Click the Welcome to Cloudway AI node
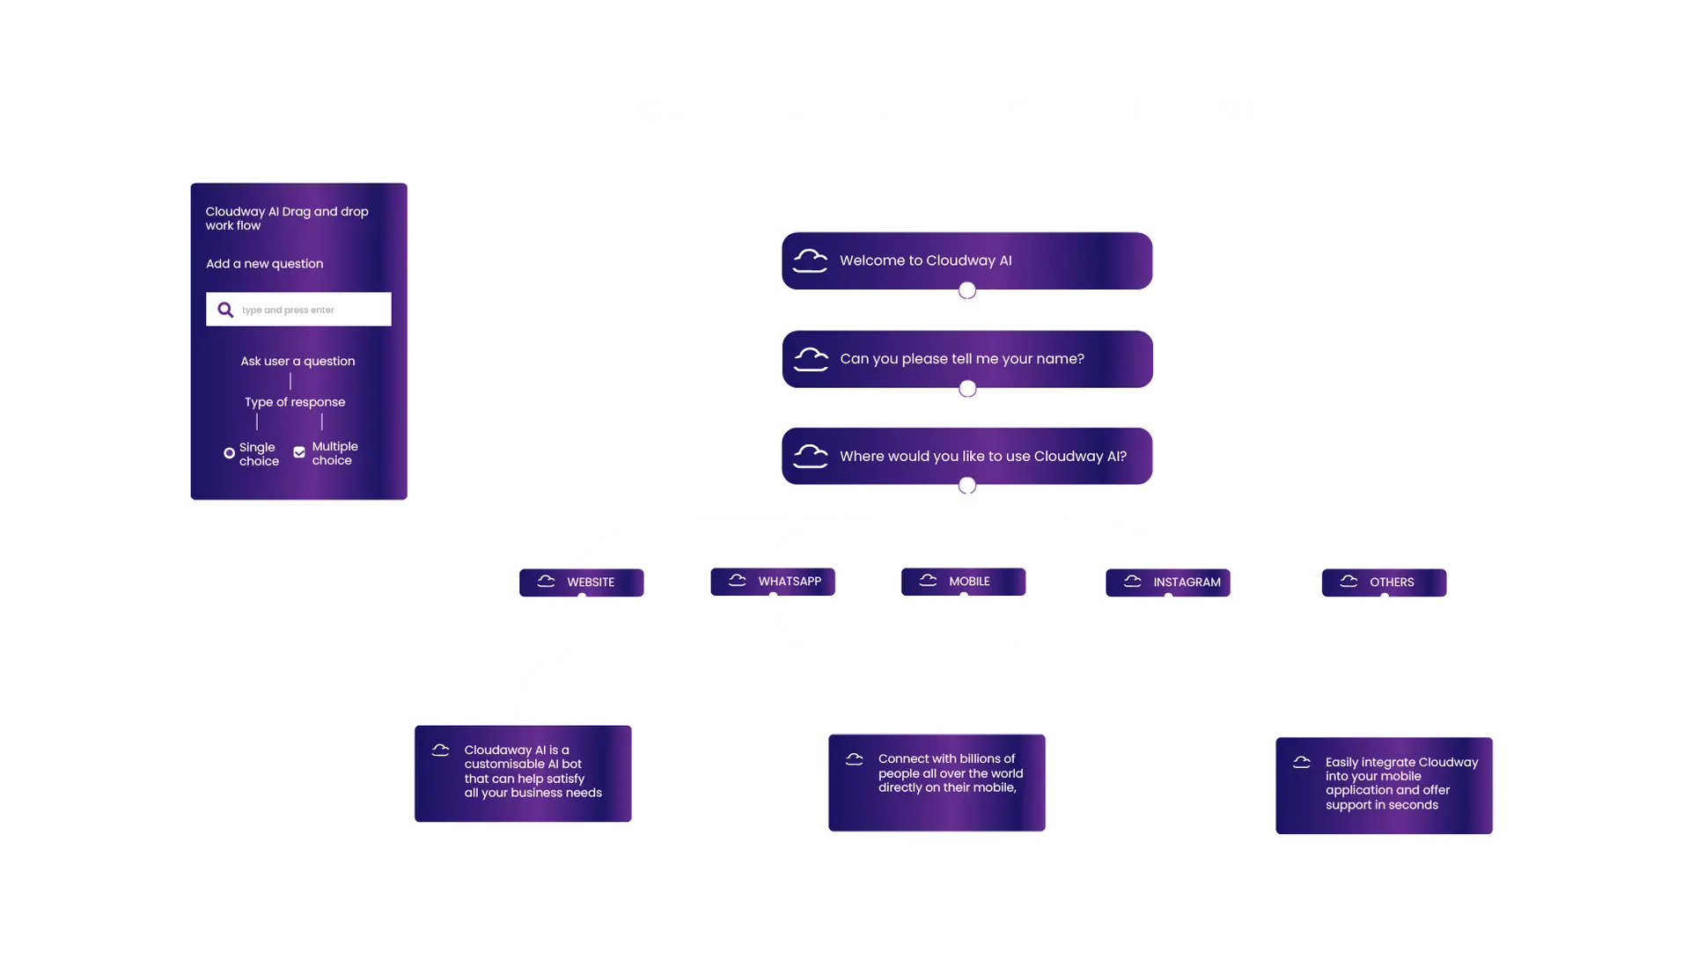(966, 260)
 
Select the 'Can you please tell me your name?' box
(966, 359)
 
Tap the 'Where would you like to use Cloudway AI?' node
(966, 456)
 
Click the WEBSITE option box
(581, 582)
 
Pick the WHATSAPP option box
(771, 581)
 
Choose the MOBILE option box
(963, 581)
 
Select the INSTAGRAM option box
(1169, 582)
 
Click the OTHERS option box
(1383, 582)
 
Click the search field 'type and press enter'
(308, 310)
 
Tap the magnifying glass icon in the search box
(225, 310)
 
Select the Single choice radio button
(229, 453)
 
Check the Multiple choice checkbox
(299, 452)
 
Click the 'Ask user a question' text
(298, 361)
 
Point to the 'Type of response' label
(295, 402)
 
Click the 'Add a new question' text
(264, 263)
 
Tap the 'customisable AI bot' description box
(524, 772)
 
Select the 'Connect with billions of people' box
(937, 781)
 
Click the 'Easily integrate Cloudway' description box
(1383, 784)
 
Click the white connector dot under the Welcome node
(967, 290)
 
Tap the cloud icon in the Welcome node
(810, 260)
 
